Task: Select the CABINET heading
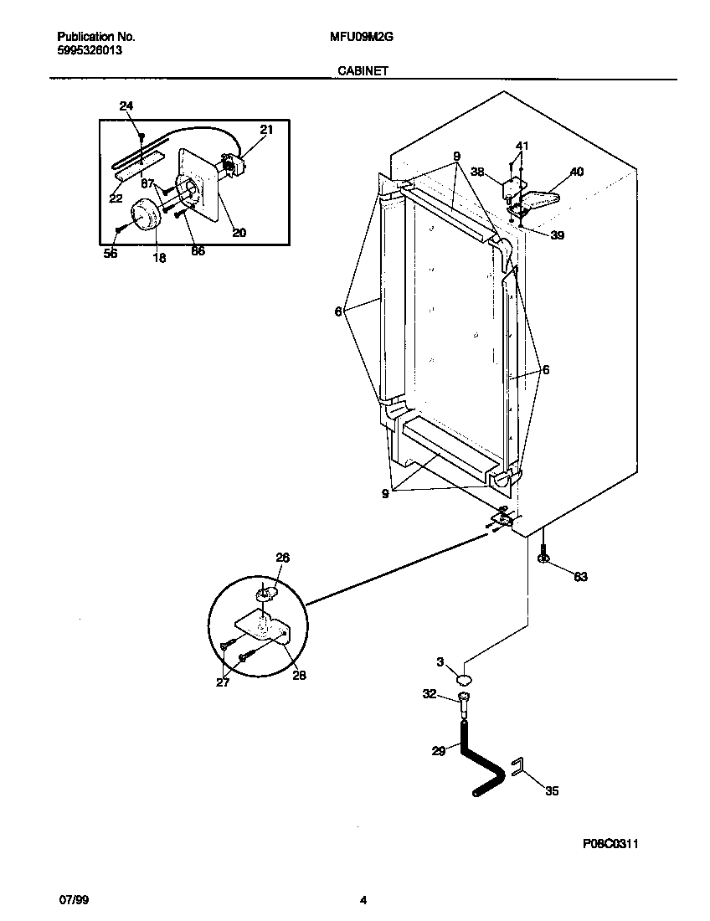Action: point(362,72)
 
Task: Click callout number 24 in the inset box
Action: point(126,106)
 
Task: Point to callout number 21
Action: point(266,130)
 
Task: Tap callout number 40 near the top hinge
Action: point(577,172)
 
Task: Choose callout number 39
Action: point(557,235)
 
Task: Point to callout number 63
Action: point(580,576)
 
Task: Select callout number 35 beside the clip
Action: point(552,790)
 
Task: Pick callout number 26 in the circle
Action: point(282,558)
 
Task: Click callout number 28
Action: point(299,676)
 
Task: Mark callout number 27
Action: point(223,682)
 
